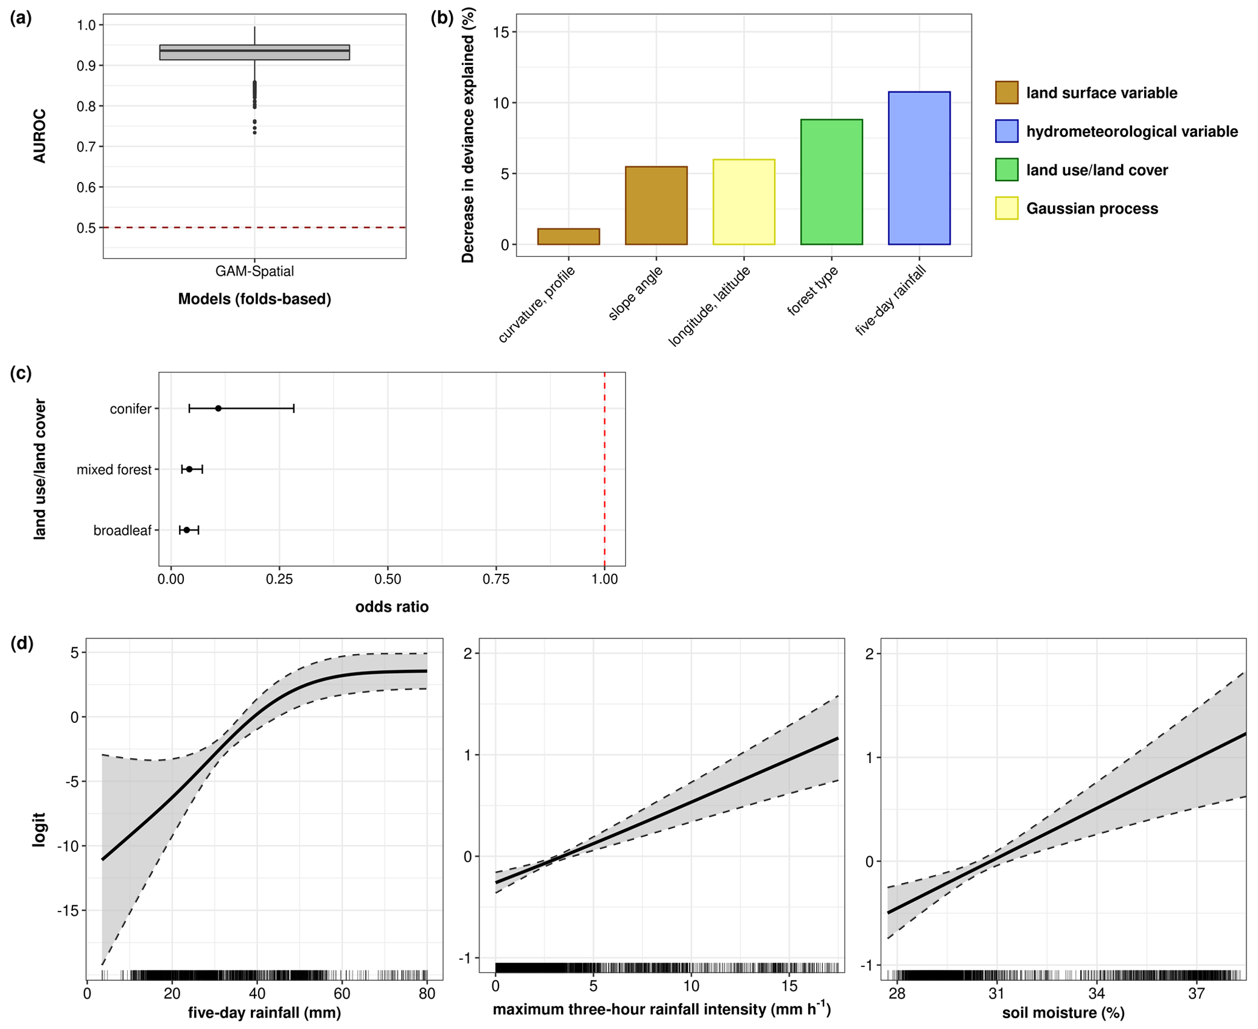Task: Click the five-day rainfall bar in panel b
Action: pos(918,168)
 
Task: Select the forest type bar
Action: pos(831,182)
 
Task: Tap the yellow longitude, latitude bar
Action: pos(743,202)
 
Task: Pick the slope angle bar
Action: pos(655,206)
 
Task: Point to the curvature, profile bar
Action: pos(568,237)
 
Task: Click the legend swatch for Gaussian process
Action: pos(1006,208)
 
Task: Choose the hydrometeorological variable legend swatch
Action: pos(1006,131)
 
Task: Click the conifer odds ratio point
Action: pos(218,408)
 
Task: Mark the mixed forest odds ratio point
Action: pos(189,469)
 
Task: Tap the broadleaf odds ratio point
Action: pos(187,530)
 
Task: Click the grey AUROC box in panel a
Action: pos(254,52)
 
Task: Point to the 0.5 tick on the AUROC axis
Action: pos(86,228)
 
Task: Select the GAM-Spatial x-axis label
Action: pos(254,271)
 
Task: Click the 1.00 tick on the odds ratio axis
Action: pos(604,579)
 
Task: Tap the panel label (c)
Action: pos(21,373)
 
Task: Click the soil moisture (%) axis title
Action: pos(1063,1013)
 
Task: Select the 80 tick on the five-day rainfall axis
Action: pos(427,993)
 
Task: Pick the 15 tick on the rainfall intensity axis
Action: pos(789,985)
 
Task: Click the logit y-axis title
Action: pos(39,829)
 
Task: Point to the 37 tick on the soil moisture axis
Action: pos(1196,993)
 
